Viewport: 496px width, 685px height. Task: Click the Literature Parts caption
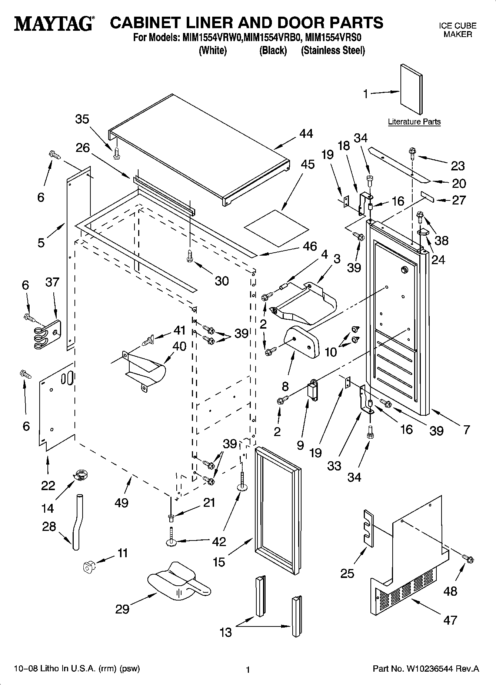coord(414,122)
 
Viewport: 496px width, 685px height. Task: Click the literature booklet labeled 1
coord(411,90)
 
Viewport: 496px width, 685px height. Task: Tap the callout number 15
coord(219,562)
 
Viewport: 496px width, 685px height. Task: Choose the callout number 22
coord(48,486)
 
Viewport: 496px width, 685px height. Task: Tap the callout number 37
coord(52,282)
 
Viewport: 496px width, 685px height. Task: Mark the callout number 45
coord(307,164)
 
